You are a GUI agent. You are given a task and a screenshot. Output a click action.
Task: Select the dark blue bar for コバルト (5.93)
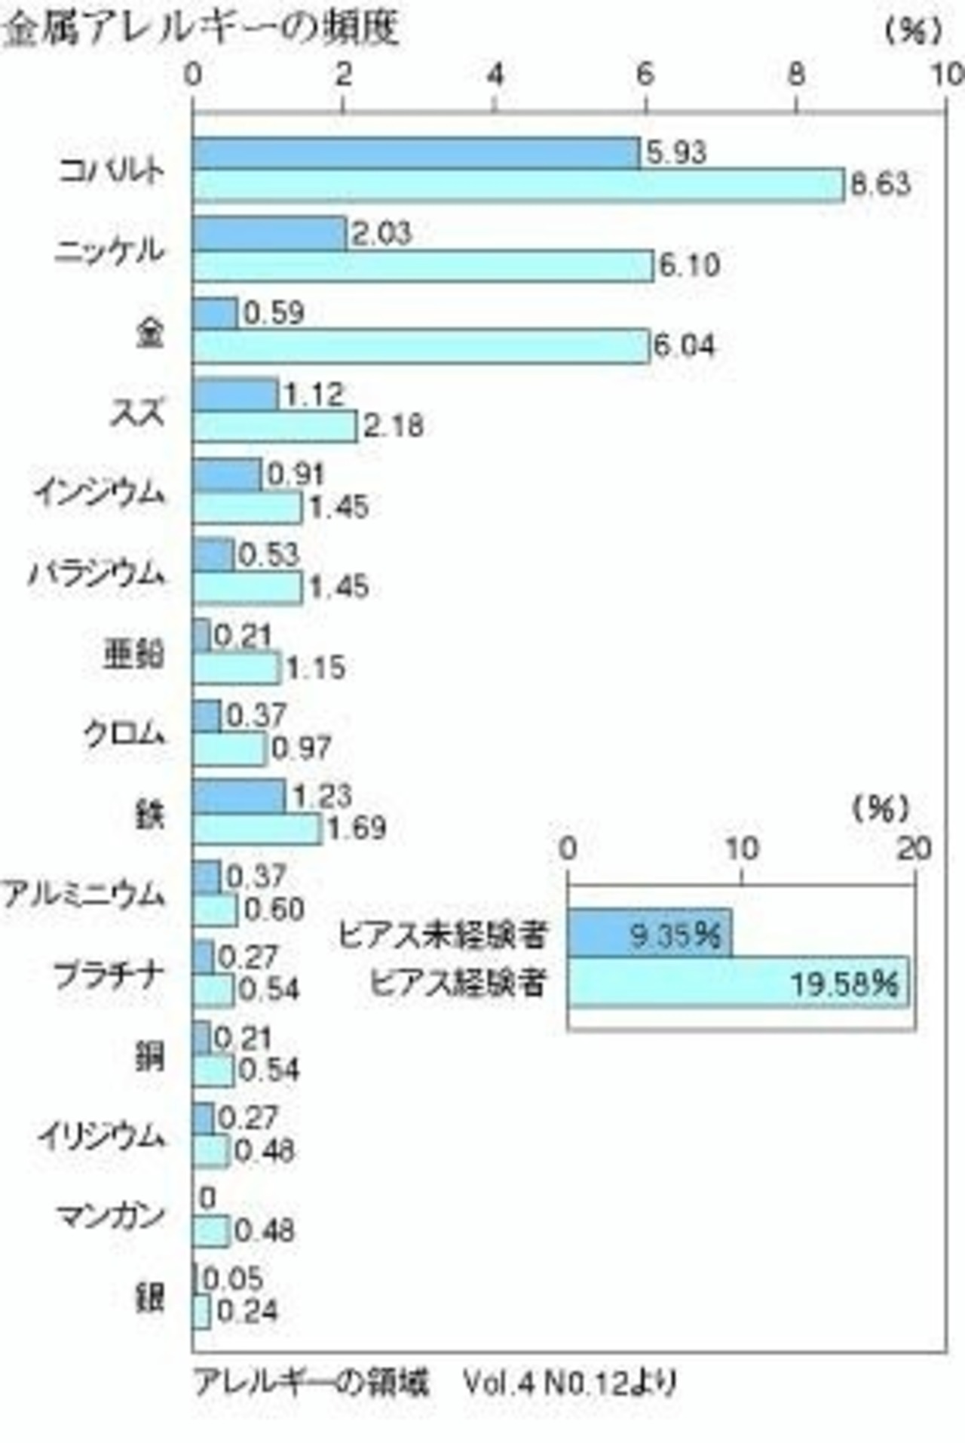(416, 153)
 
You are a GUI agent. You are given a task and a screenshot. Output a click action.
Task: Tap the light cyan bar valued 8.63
(518, 186)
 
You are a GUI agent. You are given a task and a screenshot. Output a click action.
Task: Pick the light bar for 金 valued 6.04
(421, 346)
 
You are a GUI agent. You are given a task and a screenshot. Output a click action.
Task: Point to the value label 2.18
(393, 427)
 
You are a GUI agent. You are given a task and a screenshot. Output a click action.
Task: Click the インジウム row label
(99, 493)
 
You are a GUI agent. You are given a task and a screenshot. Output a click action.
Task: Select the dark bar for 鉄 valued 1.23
(239, 797)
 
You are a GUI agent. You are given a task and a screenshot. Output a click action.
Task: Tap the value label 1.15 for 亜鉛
(315, 668)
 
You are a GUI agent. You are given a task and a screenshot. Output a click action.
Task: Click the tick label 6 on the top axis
(645, 75)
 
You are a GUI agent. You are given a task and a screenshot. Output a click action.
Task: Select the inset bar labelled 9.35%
(649, 934)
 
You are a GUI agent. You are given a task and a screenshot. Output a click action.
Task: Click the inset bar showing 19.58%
(738, 982)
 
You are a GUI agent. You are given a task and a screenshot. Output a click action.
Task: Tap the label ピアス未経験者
(441, 935)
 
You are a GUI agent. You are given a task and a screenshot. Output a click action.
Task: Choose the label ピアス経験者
(457, 983)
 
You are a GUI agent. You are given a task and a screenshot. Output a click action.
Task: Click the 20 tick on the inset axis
(914, 849)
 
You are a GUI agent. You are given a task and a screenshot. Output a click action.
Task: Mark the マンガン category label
(111, 1215)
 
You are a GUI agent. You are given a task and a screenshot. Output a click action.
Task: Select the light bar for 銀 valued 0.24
(201, 1312)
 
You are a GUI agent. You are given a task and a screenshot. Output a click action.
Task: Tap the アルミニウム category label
(83, 895)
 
